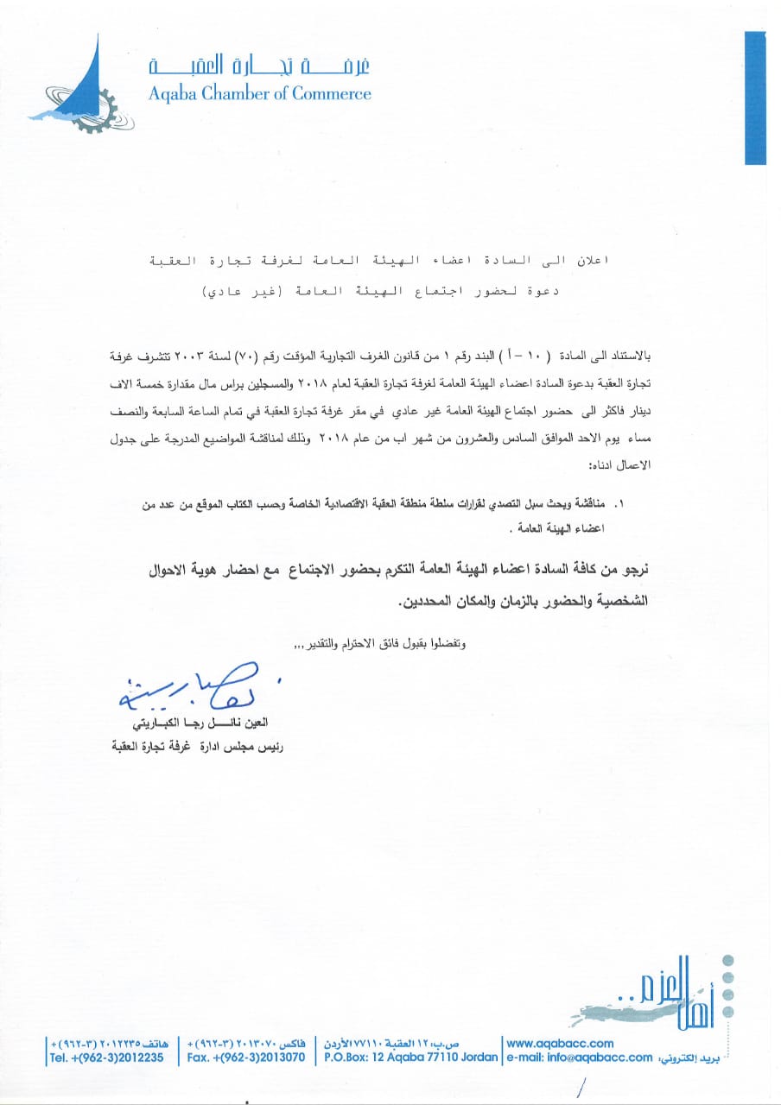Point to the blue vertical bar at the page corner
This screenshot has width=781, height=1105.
pos(755,97)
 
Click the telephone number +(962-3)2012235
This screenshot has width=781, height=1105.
pos(106,1057)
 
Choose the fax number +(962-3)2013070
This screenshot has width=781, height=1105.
pos(246,1057)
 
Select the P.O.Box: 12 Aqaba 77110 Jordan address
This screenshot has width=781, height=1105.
pos(411,1057)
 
